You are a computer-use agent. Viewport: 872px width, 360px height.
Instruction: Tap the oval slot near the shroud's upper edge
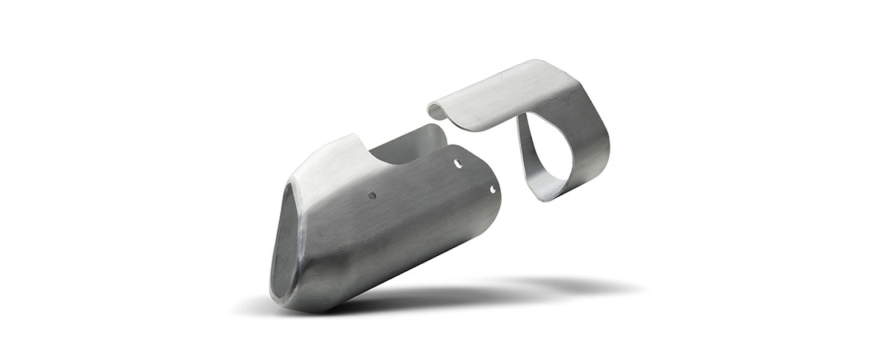[x=458, y=163]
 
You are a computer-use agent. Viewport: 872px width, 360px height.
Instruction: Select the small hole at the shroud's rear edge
[x=493, y=190]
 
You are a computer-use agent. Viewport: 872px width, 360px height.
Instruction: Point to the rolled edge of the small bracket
[x=438, y=111]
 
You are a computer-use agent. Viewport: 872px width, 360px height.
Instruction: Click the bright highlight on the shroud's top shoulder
[x=328, y=164]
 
